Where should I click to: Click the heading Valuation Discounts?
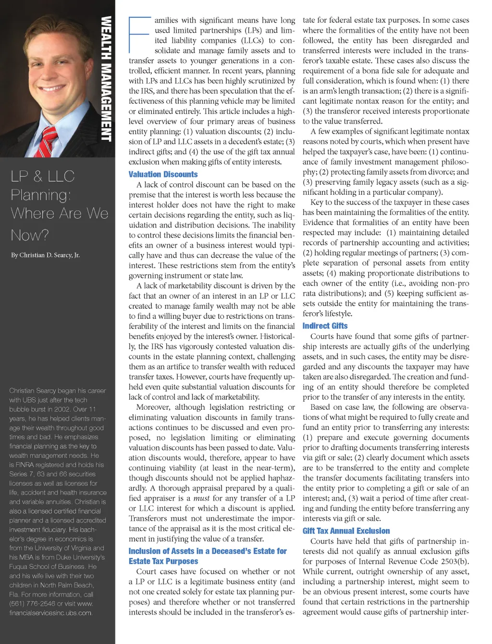[x=163, y=175]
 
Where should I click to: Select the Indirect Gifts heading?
[x=325, y=326]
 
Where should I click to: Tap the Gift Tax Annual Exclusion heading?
[x=346, y=531]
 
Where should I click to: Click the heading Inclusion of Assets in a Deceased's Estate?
[x=208, y=551]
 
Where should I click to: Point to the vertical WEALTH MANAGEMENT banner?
[x=106, y=79]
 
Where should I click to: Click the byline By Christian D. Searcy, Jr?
[x=45, y=255]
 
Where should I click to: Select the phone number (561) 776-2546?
[x=29, y=604]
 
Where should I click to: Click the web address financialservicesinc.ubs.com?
[x=50, y=613]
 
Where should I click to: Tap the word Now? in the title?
[x=30, y=235]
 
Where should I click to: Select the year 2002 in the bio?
[x=66, y=409]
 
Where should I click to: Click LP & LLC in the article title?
[x=42, y=177]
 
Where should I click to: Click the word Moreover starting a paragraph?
[x=153, y=407]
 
